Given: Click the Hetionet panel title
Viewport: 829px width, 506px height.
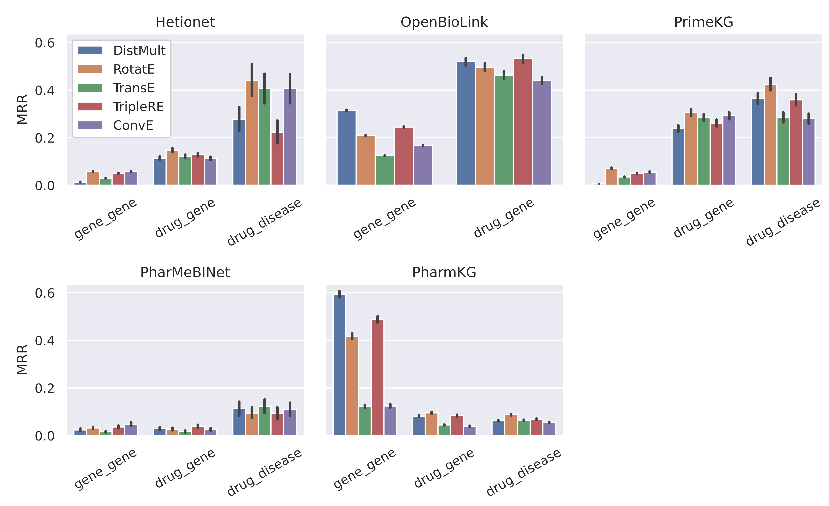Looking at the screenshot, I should coord(185,22).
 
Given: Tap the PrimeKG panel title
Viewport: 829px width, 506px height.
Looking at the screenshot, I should coord(704,22).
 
